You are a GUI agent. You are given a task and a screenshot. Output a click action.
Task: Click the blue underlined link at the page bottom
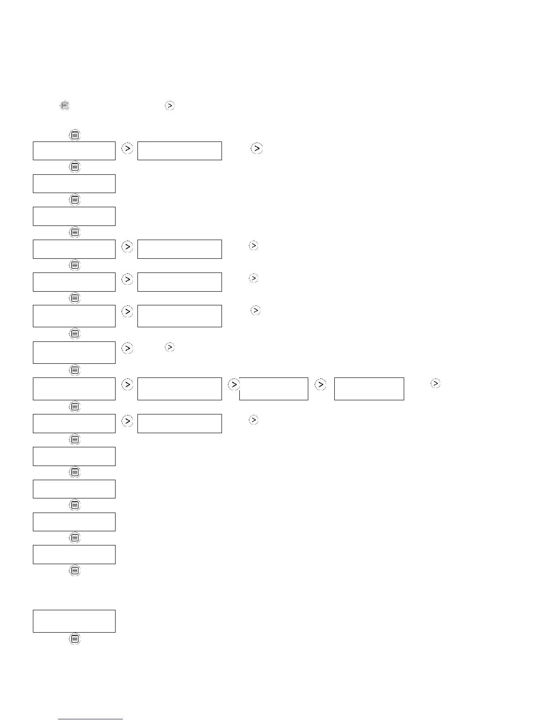click(x=90, y=719)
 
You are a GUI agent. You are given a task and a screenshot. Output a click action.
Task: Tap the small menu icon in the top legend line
click(x=65, y=105)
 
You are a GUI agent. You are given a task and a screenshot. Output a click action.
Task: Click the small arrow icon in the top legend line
click(x=169, y=105)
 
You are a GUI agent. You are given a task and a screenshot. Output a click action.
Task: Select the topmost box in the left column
click(x=74, y=151)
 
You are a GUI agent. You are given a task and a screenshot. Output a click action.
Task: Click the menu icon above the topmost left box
click(x=75, y=135)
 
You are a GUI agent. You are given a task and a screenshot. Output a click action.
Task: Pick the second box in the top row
click(x=179, y=151)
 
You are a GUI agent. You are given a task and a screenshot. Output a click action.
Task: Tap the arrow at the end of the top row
click(x=257, y=148)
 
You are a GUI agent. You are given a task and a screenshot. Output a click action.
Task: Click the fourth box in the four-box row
click(x=369, y=389)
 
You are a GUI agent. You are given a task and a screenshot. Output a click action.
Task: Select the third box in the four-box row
click(x=274, y=389)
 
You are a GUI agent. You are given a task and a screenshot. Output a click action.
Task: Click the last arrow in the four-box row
click(x=436, y=384)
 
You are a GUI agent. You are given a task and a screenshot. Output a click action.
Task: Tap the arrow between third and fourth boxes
click(x=321, y=385)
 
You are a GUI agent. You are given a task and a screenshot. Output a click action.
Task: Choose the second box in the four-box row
click(x=179, y=389)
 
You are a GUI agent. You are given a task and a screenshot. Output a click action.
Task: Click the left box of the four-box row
click(x=74, y=389)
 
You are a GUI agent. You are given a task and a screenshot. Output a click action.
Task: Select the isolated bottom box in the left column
click(x=74, y=621)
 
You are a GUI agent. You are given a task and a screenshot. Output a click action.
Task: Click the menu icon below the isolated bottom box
click(x=75, y=639)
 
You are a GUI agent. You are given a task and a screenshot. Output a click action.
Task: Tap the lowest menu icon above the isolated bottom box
click(x=75, y=571)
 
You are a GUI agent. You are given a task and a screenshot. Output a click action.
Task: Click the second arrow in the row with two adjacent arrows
click(x=169, y=347)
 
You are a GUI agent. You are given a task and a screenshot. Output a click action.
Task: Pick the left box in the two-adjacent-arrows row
click(x=74, y=352)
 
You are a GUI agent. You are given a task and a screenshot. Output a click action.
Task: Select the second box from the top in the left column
click(x=74, y=183)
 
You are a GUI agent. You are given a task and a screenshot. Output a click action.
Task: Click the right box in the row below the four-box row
click(x=179, y=424)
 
